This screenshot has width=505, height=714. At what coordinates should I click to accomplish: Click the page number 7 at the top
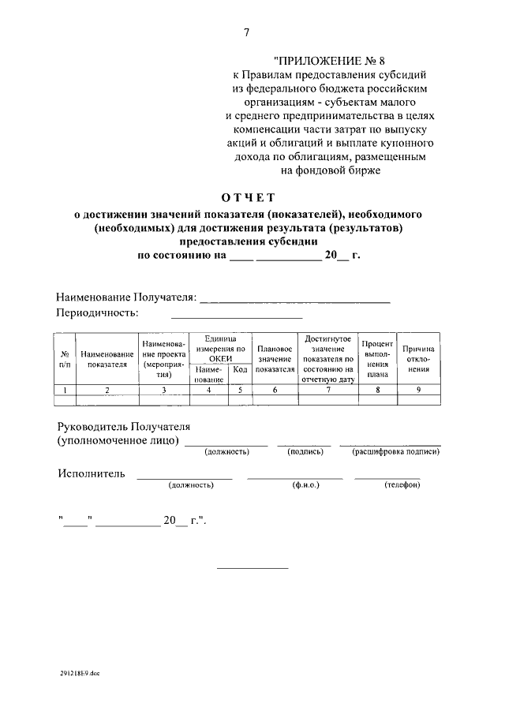[246, 32]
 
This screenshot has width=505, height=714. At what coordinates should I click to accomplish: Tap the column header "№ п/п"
[65, 359]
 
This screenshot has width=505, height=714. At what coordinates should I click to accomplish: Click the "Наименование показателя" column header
[107, 359]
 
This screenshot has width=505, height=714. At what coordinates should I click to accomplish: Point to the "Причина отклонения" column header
[418, 359]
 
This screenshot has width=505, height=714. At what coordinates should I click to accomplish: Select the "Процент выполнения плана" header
[377, 359]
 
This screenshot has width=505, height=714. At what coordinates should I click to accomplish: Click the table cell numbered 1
[65, 390]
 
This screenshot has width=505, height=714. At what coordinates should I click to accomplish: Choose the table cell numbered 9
[418, 390]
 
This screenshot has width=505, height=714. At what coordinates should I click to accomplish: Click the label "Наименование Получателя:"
[125, 297]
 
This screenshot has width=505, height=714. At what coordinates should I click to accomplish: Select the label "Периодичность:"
[97, 313]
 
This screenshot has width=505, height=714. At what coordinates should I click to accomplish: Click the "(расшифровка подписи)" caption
[390, 452]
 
